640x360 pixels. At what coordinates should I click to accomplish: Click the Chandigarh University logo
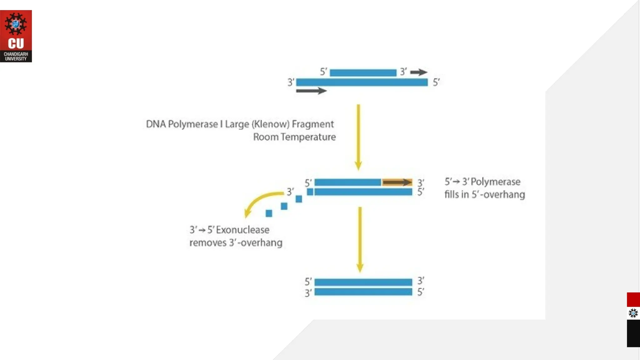click(16, 36)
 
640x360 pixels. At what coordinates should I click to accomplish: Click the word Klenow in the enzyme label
click(271, 124)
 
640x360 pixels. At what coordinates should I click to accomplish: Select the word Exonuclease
click(242, 230)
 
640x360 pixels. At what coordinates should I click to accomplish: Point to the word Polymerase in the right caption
click(495, 182)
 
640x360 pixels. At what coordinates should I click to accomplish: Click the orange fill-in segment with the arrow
click(397, 182)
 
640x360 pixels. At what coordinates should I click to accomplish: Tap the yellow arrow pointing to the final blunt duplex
click(360, 239)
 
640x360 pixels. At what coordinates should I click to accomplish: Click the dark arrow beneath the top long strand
click(311, 91)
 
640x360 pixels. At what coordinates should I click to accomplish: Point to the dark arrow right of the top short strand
click(418, 72)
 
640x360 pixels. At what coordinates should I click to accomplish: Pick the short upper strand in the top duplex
click(363, 73)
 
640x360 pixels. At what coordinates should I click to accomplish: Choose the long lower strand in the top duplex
click(362, 82)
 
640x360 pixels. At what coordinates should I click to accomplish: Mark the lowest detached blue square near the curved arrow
click(269, 213)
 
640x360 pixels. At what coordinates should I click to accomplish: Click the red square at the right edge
click(633, 300)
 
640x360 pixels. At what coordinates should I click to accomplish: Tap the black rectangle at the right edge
click(633, 333)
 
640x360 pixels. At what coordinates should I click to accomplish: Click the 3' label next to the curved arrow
click(290, 192)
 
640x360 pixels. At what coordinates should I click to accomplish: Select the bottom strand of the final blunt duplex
click(363, 292)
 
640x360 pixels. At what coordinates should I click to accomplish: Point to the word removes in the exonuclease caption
click(207, 243)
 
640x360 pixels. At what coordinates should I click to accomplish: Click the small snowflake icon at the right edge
click(633, 313)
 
